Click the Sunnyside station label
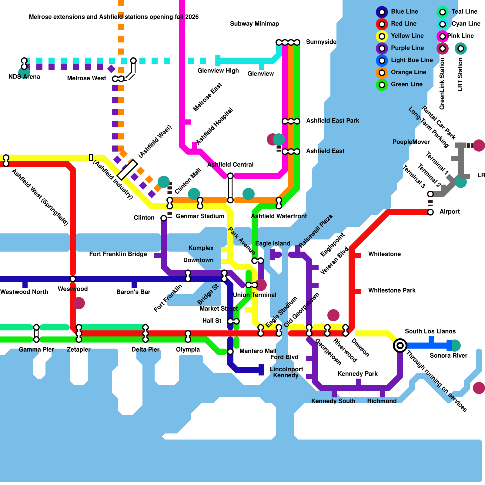[321, 42]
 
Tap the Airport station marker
[430, 212]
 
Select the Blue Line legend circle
[382, 12]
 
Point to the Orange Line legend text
[408, 72]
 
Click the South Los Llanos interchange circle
[400, 345]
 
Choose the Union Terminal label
[255, 295]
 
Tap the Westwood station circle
[73, 279]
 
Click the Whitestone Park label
[392, 290]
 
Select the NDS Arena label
[24, 77]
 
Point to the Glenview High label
[218, 71]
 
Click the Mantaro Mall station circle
[230, 352]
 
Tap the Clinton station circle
[164, 218]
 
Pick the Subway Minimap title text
[254, 24]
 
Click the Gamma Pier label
[36, 350]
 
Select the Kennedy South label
[333, 401]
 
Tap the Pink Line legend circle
[443, 36]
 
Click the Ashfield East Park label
[333, 121]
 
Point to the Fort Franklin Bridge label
[118, 254]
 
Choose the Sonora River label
[448, 356]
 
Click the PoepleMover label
[411, 142]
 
